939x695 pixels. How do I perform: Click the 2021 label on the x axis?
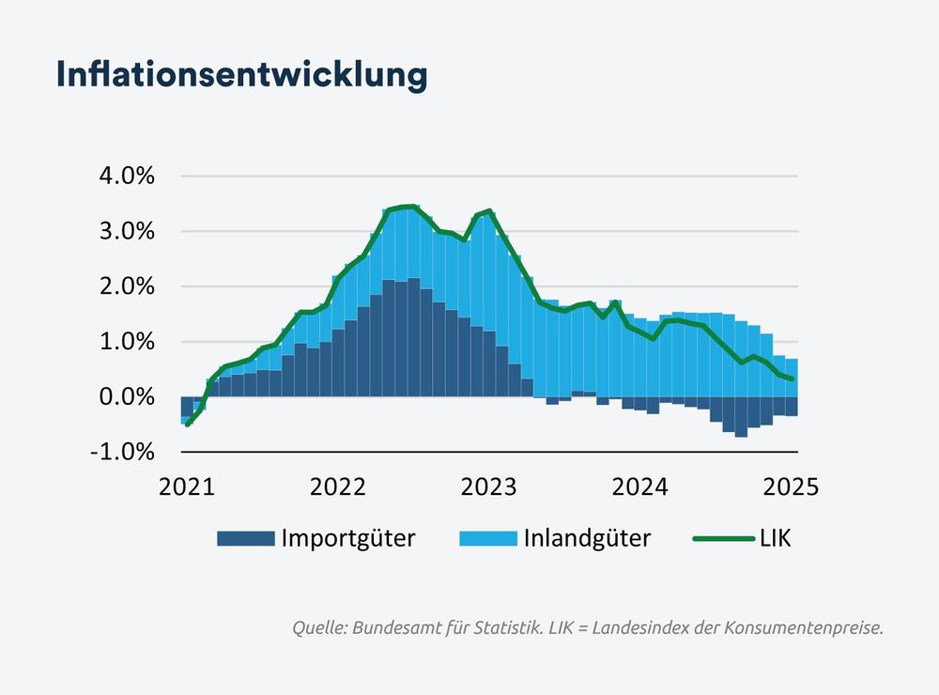coord(186,486)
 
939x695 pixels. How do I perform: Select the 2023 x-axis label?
coord(489,486)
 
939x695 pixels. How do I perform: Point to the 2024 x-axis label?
coord(640,486)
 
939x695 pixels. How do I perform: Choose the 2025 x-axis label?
coord(792,486)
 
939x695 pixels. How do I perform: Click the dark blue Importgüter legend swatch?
coord(245,538)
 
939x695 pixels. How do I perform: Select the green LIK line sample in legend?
coord(723,538)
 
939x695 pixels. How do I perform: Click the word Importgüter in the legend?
coord(347,538)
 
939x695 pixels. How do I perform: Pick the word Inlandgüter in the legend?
coord(587,538)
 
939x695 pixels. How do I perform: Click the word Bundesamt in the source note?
coord(395,628)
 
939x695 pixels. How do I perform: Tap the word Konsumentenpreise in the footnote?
coord(804,628)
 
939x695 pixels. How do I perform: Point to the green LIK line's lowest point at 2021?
coord(188,425)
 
